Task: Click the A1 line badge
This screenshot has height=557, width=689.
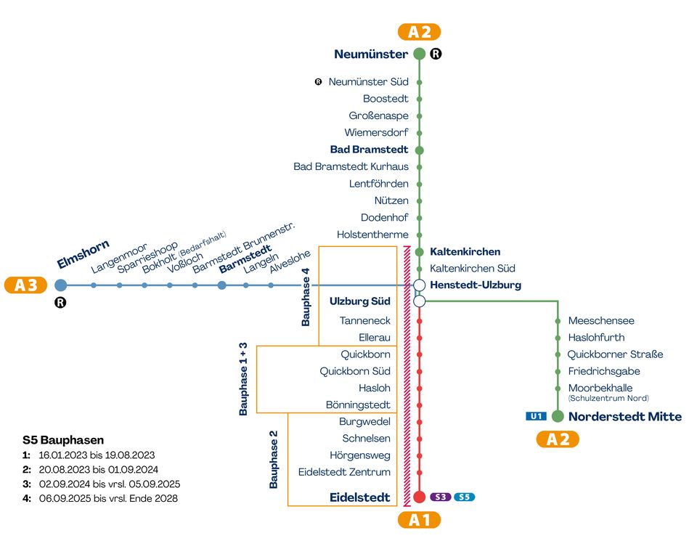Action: pyautogui.click(x=419, y=520)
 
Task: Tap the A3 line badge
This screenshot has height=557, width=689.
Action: pyautogui.click(x=25, y=285)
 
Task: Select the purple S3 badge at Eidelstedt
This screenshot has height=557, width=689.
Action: pyautogui.click(x=441, y=497)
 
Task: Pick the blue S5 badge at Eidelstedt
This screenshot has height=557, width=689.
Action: pyautogui.click(x=464, y=497)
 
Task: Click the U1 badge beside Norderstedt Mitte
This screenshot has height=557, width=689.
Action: pyautogui.click(x=536, y=416)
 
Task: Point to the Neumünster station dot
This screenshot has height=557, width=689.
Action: pyautogui.click(x=420, y=54)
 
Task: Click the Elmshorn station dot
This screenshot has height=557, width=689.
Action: pyautogui.click(x=61, y=285)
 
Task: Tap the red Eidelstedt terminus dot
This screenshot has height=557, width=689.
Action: pyautogui.click(x=420, y=497)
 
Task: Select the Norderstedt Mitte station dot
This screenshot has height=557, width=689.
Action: pyautogui.click(x=558, y=416)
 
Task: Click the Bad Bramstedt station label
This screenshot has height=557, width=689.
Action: pyautogui.click(x=369, y=150)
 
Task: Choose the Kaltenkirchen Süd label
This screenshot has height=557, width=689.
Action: pyautogui.click(x=473, y=268)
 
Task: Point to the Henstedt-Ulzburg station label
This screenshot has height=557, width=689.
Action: pyautogui.click(x=476, y=285)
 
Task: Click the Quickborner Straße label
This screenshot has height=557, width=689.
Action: pyautogui.click(x=615, y=354)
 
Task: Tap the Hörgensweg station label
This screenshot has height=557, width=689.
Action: pyautogui.click(x=360, y=455)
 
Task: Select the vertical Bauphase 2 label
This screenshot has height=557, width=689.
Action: pyautogui.click(x=273, y=460)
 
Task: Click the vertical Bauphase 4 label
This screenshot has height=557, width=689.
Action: pyautogui.click(x=306, y=297)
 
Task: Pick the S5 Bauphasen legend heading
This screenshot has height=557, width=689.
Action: pyautogui.click(x=63, y=440)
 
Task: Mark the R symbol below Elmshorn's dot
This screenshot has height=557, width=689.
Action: pyautogui.click(x=60, y=302)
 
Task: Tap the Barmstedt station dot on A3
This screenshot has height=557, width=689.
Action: pyautogui.click(x=222, y=285)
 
